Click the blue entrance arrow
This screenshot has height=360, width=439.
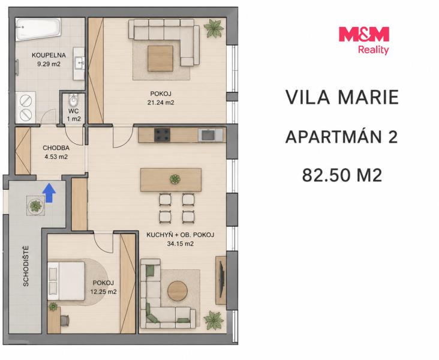coord(49,193)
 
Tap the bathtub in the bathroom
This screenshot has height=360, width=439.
coord(38,29)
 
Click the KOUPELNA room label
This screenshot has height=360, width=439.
coord(49,55)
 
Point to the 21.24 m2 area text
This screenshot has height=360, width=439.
coord(161,103)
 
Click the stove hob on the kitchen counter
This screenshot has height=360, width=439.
coord(162,135)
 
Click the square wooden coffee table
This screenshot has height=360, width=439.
coord(160,58)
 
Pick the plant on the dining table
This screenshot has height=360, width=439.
coord(175,179)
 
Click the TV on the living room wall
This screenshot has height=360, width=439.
coord(221,280)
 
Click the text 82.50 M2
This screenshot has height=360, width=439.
coord(342,175)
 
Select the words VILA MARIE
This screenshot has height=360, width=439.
coord(342,97)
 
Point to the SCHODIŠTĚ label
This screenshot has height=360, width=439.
coord(26,266)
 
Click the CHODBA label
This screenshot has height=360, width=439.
coord(56,148)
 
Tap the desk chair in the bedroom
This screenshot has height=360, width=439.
coord(65,321)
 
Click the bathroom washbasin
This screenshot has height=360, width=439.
coord(79,64)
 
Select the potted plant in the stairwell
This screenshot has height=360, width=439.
coord(35,206)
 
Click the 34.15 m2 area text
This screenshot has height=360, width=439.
coord(181,244)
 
